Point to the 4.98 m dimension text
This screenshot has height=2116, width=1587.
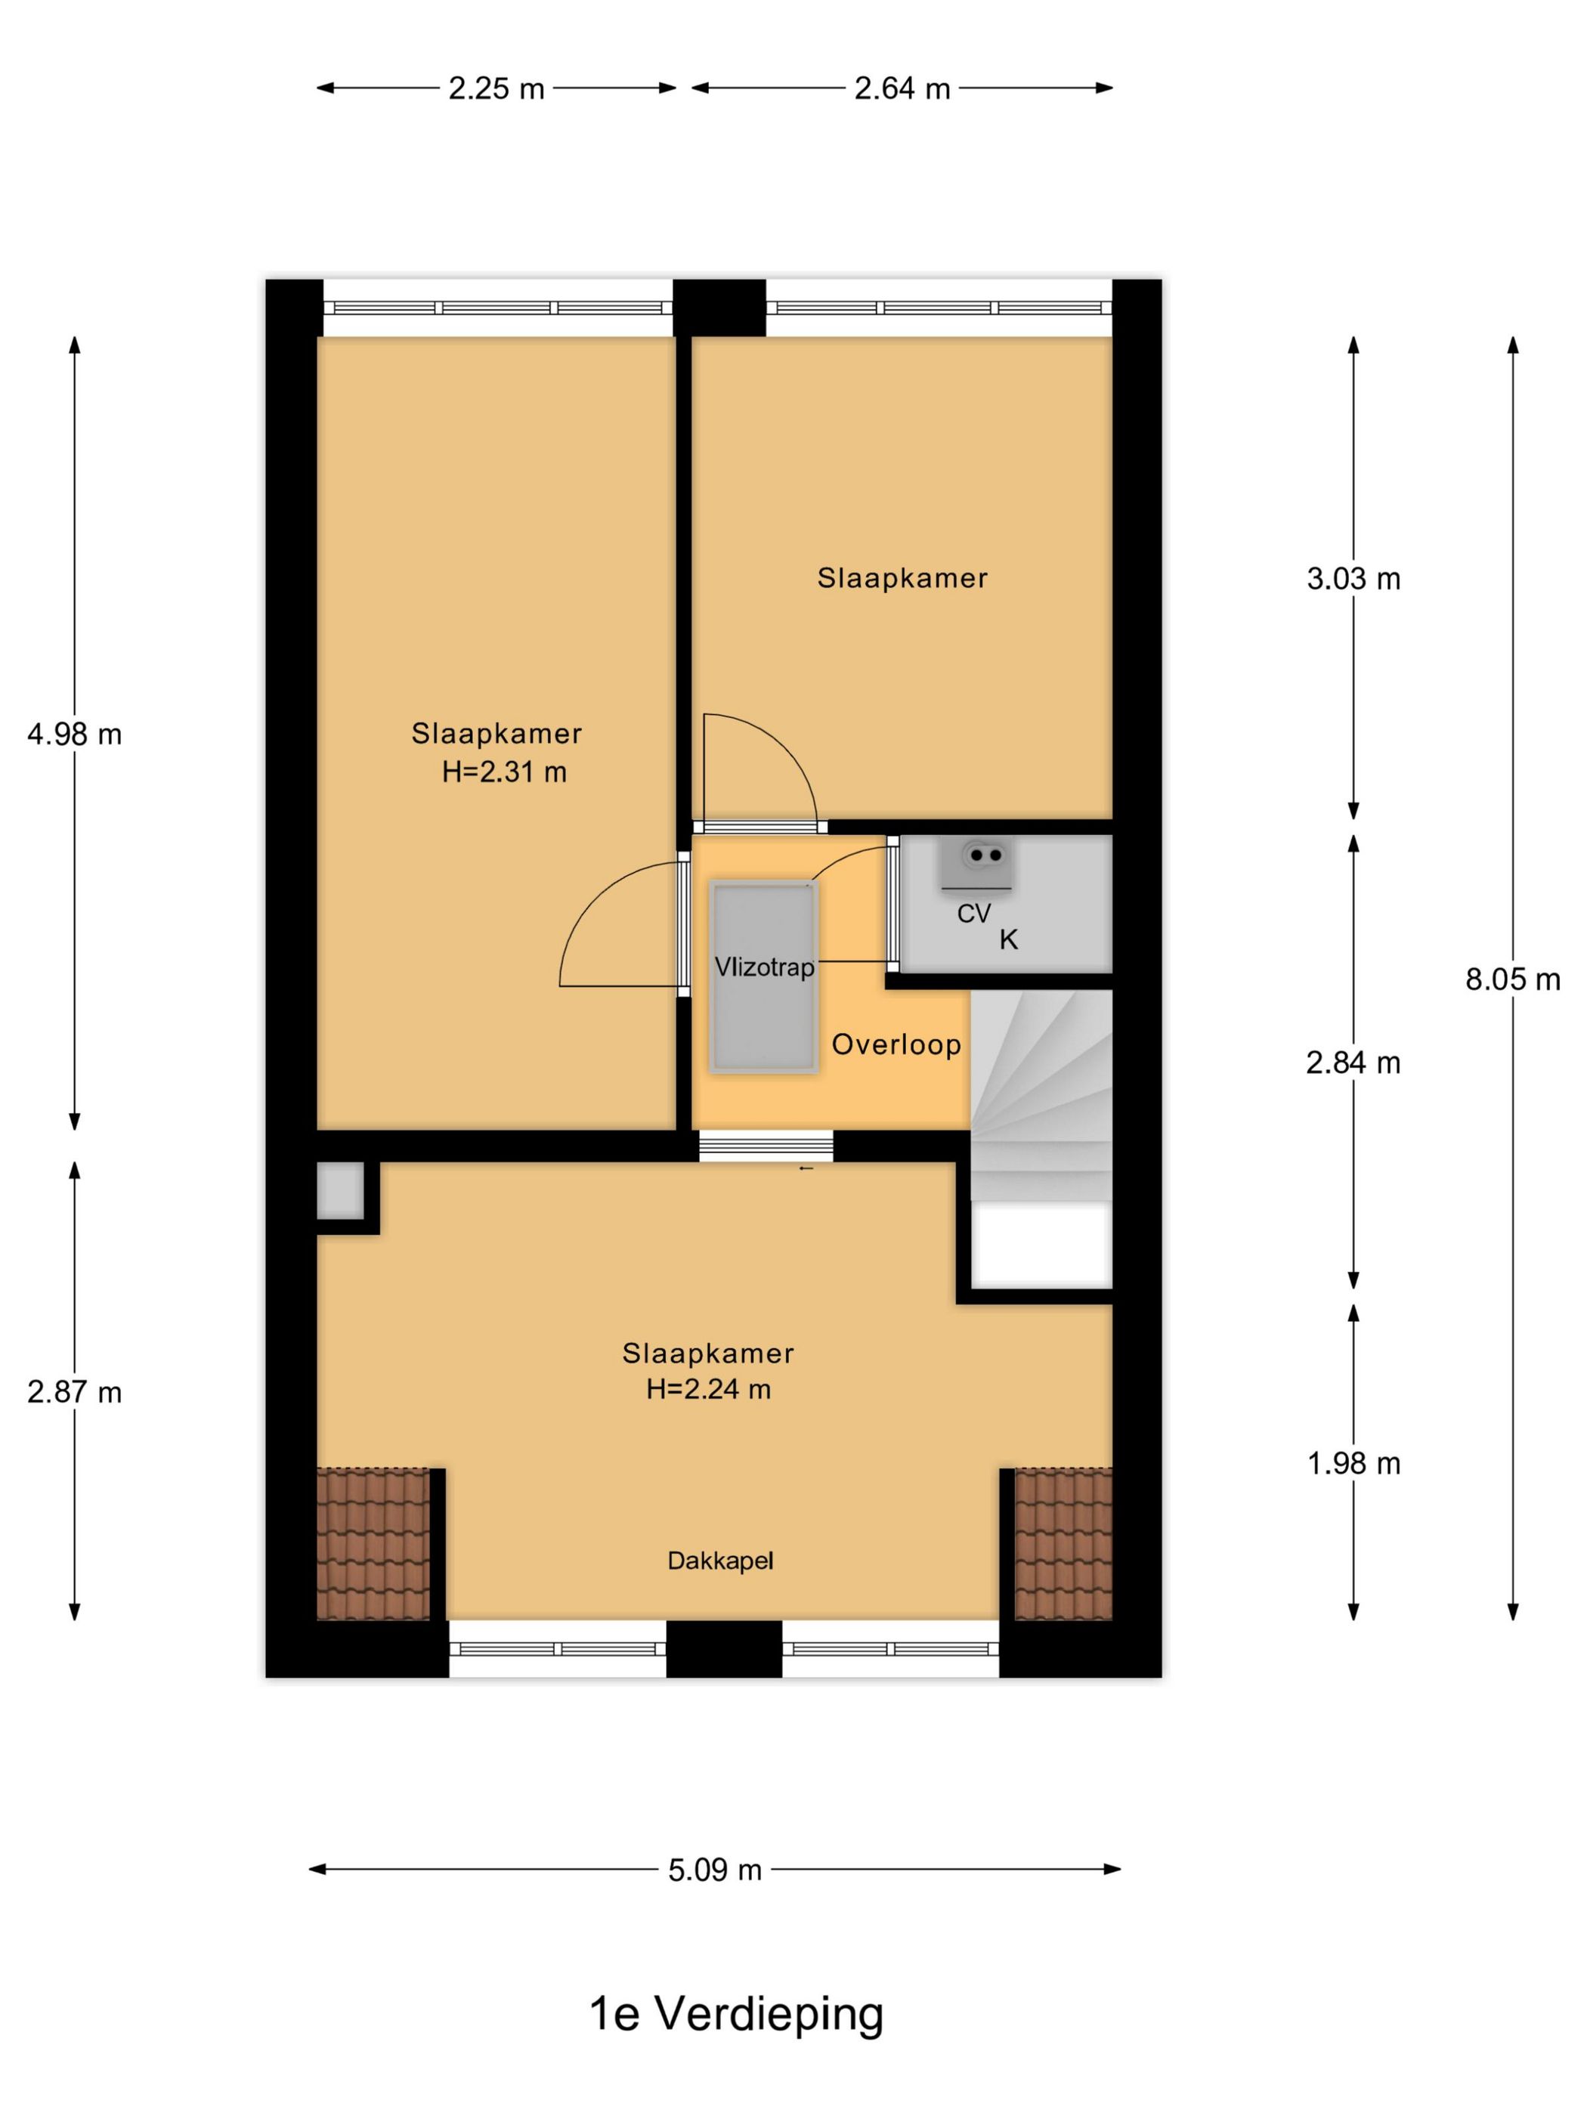pyautogui.click(x=75, y=734)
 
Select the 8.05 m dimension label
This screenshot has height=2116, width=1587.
pyautogui.click(x=1512, y=979)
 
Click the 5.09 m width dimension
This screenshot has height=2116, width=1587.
pyautogui.click(x=715, y=1868)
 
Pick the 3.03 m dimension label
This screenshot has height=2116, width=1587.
pyautogui.click(x=1353, y=578)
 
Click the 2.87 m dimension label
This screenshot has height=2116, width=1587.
pyautogui.click(x=75, y=1392)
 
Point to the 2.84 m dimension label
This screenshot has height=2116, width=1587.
pyautogui.click(x=1353, y=1062)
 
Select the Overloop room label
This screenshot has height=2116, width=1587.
pyautogui.click(x=896, y=1044)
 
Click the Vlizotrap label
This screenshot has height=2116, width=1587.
pyautogui.click(x=764, y=967)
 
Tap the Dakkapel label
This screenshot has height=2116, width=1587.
pyautogui.click(x=720, y=1561)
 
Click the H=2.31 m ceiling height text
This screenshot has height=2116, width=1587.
pyautogui.click(x=504, y=772)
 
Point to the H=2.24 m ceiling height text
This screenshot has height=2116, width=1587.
pyautogui.click(x=708, y=1389)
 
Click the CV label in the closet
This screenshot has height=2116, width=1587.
pyautogui.click(x=974, y=914)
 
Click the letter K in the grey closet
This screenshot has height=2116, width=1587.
pyautogui.click(x=1008, y=940)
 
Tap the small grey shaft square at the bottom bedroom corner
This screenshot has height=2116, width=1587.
pyautogui.click(x=341, y=1190)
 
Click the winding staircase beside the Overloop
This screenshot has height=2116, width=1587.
pyautogui.click(x=1041, y=1094)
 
